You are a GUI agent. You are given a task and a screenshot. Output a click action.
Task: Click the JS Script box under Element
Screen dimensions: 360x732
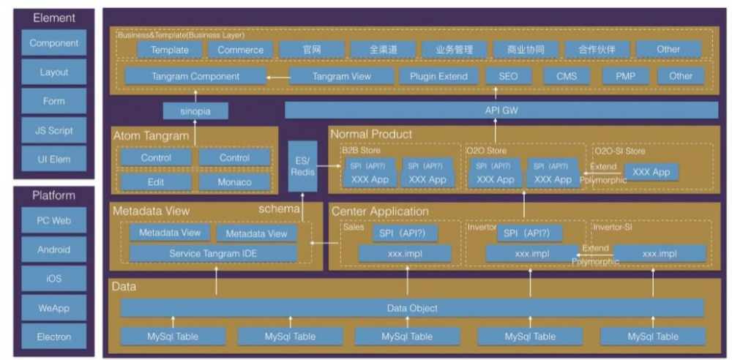coord(54,130)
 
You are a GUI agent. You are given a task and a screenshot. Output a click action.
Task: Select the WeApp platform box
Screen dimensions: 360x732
coord(54,308)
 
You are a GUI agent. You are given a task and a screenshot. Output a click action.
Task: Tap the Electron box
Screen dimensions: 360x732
coord(54,337)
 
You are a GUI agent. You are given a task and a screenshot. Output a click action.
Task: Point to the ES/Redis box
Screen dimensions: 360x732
coord(302,166)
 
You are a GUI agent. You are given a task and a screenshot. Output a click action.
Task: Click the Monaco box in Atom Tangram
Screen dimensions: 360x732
coord(234,181)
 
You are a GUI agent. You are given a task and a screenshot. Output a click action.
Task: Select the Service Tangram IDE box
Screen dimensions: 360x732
coord(213,253)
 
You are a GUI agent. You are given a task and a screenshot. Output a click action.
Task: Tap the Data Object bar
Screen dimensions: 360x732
coord(412,308)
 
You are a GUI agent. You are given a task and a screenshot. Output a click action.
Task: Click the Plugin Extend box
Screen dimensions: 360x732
coord(436,75)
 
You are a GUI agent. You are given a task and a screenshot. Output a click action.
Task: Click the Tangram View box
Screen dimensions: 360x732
coord(341,75)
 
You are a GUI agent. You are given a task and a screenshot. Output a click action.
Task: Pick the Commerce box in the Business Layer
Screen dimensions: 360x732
coord(240,50)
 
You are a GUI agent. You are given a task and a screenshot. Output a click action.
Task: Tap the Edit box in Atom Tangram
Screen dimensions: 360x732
coord(156,181)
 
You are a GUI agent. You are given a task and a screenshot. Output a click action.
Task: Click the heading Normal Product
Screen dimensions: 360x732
coord(370,134)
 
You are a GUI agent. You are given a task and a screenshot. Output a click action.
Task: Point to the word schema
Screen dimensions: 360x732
coord(279,209)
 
